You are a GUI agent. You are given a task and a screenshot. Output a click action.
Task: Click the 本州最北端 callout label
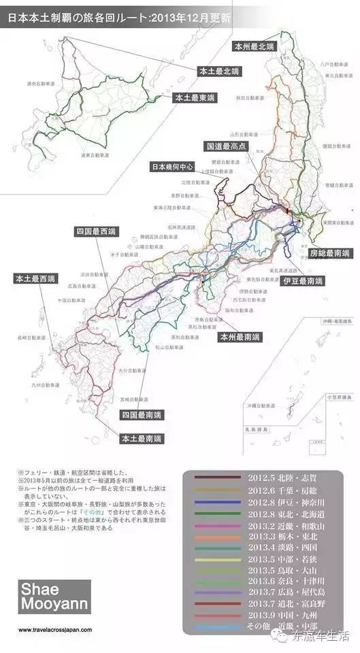(x=255, y=47)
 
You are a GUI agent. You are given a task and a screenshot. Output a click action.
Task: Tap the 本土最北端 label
(x=219, y=71)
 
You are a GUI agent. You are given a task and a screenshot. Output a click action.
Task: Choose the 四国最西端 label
(x=96, y=231)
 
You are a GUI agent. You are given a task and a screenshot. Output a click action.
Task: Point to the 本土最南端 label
(x=143, y=439)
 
